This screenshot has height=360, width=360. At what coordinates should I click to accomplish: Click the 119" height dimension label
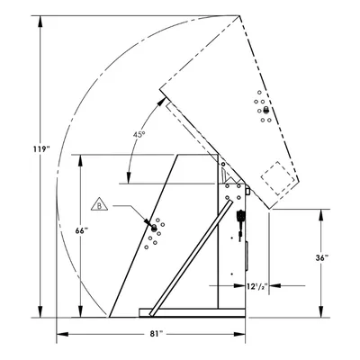pos(40,148)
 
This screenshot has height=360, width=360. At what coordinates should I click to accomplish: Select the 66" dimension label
pos(82,230)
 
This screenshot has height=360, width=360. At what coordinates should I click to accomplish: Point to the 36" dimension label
pos(322,257)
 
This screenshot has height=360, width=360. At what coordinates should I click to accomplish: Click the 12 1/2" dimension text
pos(257,286)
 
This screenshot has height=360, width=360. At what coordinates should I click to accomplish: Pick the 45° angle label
pos(139,135)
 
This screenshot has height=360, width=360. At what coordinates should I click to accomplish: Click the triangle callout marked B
pos(99,204)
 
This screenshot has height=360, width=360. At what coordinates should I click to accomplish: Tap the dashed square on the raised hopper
pos(278,178)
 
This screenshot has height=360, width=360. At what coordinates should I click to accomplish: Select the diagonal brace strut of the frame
pos(191,258)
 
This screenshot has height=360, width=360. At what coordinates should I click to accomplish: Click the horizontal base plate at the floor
pos(192,312)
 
